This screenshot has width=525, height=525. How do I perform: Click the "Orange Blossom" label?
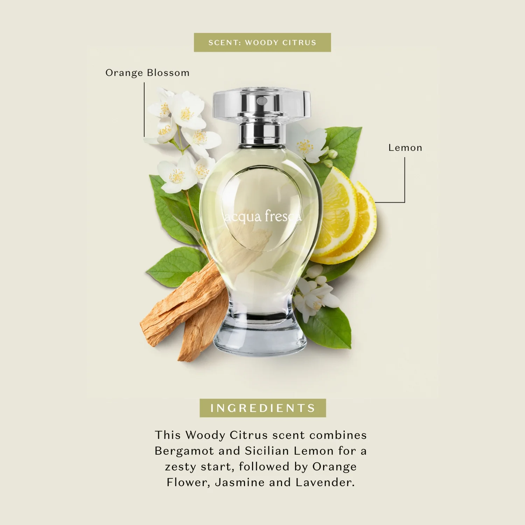[x=147, y=73]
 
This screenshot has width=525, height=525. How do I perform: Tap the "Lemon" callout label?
[x=405, y=148]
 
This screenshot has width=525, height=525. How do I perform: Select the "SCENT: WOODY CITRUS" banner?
[x=262, y=42]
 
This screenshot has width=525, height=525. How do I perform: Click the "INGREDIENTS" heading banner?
[x=263, y=408]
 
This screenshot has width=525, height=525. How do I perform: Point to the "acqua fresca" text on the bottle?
[x=262, y=216]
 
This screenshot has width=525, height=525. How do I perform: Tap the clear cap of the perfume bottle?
[x=262, y=105]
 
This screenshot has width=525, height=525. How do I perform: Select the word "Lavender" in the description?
[x=325, y=482]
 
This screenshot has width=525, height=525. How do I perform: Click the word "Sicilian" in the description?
[x=267, y=451]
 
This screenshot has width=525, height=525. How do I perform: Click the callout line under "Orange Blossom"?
[x=144, y=110]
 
